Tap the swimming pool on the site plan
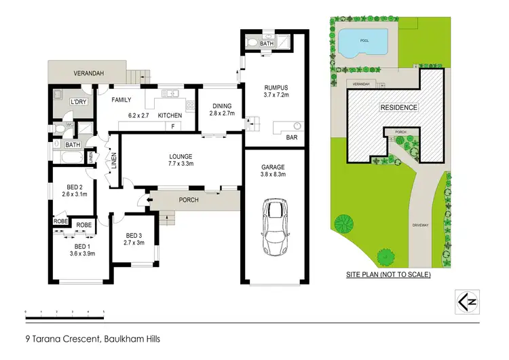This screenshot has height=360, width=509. point(365,43)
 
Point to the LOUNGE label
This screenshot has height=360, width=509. point(181,156)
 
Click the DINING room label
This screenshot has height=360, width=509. point(222,106)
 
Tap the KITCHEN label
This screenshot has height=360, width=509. point(170,116)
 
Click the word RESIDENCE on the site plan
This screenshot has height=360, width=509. point(398,108)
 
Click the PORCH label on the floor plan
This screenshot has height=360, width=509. point(188,200)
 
